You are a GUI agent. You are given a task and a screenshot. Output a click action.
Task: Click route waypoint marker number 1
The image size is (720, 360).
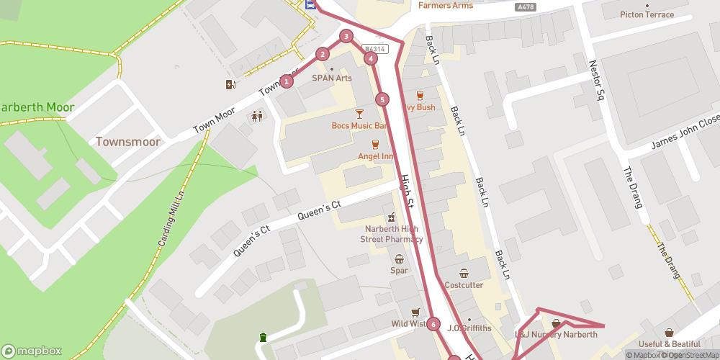(x=287, y=81)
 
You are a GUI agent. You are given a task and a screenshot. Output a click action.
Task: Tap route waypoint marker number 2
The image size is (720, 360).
(x=323, y=53)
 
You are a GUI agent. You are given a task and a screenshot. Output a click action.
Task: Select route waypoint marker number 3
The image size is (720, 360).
(x=346, y=36)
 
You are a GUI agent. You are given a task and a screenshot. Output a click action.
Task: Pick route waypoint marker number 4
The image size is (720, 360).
(x=370, y=58)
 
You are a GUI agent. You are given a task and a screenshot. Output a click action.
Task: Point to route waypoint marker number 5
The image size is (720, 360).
(x=382, y=99)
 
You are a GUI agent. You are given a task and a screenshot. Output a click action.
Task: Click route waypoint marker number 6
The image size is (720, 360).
(x=433, y=324)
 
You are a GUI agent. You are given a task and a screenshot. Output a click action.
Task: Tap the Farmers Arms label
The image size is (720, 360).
(x=446, y=6)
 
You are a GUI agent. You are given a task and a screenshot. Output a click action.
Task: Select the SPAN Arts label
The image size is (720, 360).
(x=332, y=78)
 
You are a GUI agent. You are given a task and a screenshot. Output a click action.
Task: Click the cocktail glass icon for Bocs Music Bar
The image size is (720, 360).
(x=359, y=114)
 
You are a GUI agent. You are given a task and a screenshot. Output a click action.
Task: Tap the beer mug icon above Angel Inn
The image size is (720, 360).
(x=374, y=144)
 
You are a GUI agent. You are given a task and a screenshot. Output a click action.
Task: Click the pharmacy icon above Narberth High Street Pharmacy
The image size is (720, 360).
(x=392, y=217)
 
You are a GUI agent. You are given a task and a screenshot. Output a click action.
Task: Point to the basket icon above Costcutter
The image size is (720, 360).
(x=464, y=273)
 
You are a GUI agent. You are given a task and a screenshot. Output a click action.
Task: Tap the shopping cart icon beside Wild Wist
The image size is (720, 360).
(x=415, y=312)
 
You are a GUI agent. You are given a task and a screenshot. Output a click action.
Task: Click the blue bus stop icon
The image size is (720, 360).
(x=310, y=4)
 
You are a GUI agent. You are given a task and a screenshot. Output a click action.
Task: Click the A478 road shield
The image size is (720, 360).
(x=526, y=6)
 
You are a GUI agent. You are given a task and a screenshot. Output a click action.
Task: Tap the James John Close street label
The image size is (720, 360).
(x=685, y=135)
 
